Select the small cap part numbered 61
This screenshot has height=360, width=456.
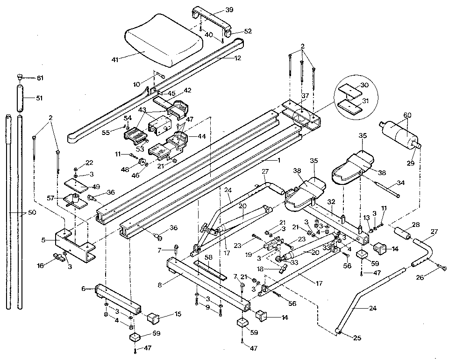pyautogui.click(x=20, y=78)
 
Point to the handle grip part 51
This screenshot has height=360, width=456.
pyautogui.click(x=21, y=98)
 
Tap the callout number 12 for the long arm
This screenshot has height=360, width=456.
pyautogui.click(x=238, y=58)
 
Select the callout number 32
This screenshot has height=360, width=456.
pyautogui.click(x=331, y=202)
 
